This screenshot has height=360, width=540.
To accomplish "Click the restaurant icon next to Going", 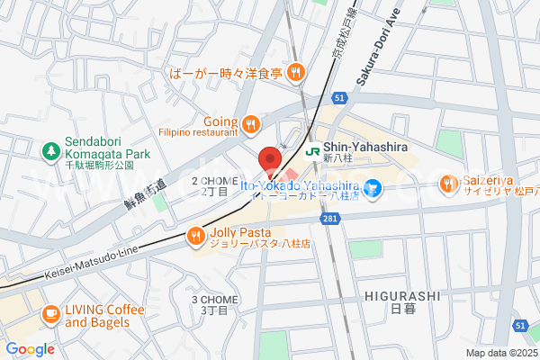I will click(x=252, y=123).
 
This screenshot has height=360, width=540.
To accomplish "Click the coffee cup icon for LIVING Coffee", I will click(x=49, y=315).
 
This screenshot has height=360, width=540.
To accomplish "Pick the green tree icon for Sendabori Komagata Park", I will click(x=50, y=148).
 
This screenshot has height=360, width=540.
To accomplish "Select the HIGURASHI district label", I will click(x=401, y=294).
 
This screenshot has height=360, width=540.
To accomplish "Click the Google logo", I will click(x=30, y=349).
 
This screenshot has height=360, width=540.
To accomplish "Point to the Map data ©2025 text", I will click(x=499, y=353).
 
